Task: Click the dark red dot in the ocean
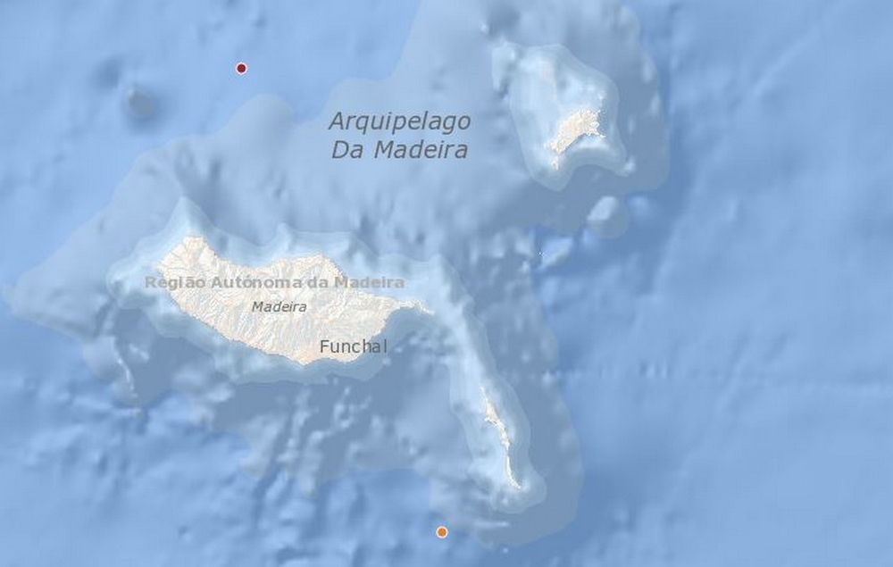[x=241, y=68]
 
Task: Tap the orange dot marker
[x=441, y=532]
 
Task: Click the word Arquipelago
[x=399, y=121]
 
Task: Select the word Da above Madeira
[x=346, y=150]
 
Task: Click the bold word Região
[x=175, y=282]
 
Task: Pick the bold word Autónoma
[x=254, y=282]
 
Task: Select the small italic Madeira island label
[x=279, y=306]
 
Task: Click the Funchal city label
[x=354, y=346]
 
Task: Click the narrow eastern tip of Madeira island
[x=420, y=307]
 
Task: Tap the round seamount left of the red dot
[x=139, y=103]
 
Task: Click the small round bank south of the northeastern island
[x=607, y=214]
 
